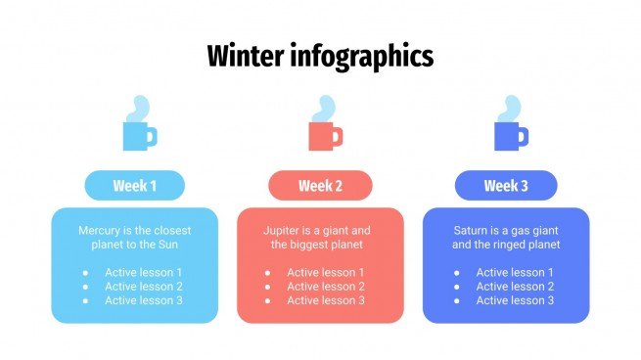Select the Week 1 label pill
pyautogui.click(x=135, y=186)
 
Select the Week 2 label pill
pyautogui.click(x=320, y=186)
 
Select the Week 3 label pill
pyautogui.click(x=506, y=186)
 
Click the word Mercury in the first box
pyautogui.click(x=100, y=230)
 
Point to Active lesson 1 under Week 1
pyautogui.click(x=144, y=272)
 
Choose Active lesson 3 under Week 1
pyautogui.click(x=144, y=300)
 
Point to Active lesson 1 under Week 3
pyautogui.click(x=515, y=272)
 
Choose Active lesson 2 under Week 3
pyautogui.click(x=515, y=287)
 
